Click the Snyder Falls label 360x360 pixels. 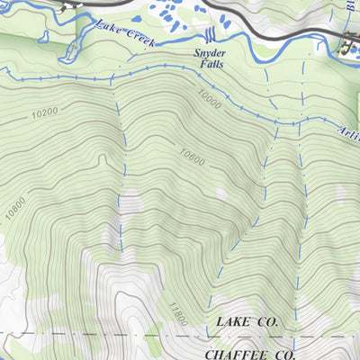(210, 58)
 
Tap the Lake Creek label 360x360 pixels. (125, 36)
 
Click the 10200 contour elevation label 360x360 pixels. (43, 114)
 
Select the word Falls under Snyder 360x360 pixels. (210, 65)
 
